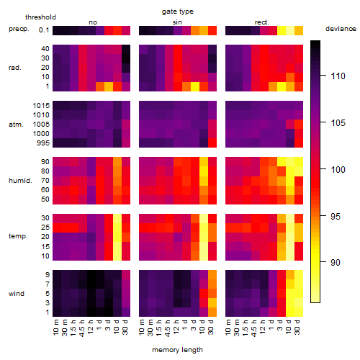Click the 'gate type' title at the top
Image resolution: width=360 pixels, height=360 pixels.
[x=178, y=12]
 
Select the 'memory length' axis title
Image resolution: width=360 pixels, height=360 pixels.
[x=177, y=350]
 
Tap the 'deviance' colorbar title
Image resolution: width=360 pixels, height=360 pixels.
[x=341, y=29]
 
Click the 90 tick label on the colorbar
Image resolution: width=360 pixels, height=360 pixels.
[x=336, y=262]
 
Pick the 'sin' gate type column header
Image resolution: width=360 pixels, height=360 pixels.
[x=177, y=22]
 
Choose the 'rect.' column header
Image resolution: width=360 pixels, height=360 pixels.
[x=261, y=22]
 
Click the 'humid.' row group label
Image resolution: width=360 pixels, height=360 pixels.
[x=20, y=181]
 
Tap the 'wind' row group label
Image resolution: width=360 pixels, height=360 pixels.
[x=17, y=294]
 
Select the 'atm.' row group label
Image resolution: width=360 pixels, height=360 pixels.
[x=16, y=125]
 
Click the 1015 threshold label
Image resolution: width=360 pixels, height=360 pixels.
[x=41, y=106]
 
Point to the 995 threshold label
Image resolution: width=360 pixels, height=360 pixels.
[x=43, y=143]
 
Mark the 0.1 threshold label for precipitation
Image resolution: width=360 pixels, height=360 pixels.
[x=44, y=30]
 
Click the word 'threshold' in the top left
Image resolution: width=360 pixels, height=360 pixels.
[x=40, y=17]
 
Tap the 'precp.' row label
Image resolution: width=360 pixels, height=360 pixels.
[x=19, y=29]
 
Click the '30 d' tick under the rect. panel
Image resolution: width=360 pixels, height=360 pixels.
[x=297, y=327]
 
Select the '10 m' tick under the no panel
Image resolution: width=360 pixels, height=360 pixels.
[x=55, y=327]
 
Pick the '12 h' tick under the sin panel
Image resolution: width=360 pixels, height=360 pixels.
[x=176, y=327]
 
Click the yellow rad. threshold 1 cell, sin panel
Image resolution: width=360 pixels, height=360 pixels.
[x=195, y=86]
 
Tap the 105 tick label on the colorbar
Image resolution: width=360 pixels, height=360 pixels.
[x=338, y=123]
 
